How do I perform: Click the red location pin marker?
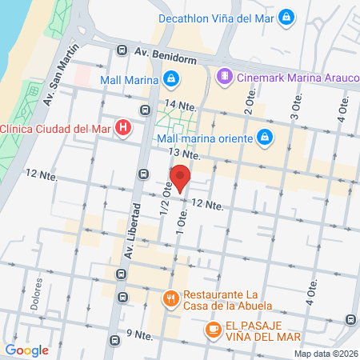[x=180, y=178]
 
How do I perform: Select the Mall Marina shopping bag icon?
[x=170, y=78]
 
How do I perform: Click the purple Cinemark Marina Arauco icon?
[x=226, y=77]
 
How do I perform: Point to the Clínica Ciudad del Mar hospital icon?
[x=122, y=127]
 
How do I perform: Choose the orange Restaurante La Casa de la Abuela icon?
[x=170, y=300]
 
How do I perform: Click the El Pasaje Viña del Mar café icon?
[x=213, y=329]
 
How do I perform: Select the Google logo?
[x=26, y=350]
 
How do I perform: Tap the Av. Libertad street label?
[x=134, y=232]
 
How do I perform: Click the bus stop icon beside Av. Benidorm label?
[x=121, y=51]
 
